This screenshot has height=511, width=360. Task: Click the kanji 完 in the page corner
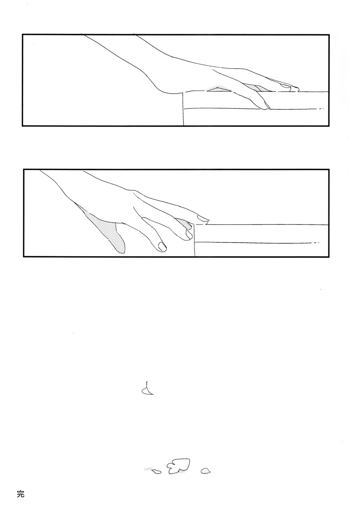point(20,494)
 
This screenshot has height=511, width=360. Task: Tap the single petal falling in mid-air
point(147,389)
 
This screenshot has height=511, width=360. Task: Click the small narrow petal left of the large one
point(156,471)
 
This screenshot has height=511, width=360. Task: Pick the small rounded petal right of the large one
point(206,471)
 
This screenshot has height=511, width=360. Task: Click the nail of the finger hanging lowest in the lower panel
point(162,247)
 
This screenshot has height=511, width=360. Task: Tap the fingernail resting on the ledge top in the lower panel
point(203,218)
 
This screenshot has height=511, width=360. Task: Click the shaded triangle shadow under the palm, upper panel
point(218,89)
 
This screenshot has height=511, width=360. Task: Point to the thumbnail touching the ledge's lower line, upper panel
point(266,106)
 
